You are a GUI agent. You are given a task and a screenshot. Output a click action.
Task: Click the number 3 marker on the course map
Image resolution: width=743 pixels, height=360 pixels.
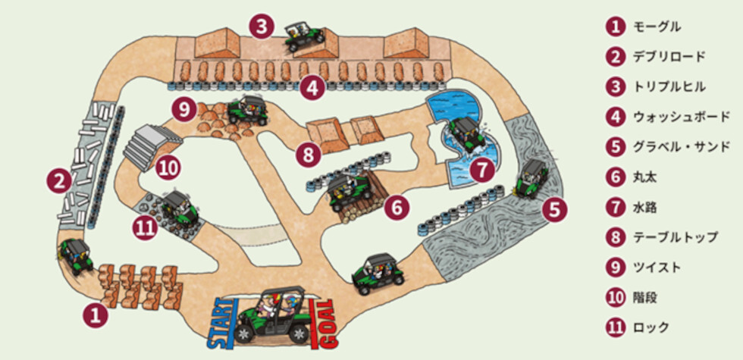pyautogui.click(x=262, y=27)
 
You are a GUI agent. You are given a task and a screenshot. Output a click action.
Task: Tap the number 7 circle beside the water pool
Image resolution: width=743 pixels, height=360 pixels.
pyautogui.click(x=482, y=171)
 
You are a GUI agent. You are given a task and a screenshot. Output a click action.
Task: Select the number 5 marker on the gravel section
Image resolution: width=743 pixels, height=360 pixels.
pyautogui.click(x=554, y=209)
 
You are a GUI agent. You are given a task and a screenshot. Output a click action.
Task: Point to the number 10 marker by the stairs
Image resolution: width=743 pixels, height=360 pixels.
pyautogui.click(x=168, y=167)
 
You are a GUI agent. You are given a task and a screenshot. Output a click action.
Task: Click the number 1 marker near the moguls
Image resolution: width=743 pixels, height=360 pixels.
pyautogui.click(x=96, y=315)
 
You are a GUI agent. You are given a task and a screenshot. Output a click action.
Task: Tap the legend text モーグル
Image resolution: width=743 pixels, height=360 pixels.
pyautogui.click(x=657, y=27)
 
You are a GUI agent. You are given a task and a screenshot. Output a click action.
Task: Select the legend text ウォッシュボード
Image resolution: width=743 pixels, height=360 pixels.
pyautogui.click(x=681, y=117)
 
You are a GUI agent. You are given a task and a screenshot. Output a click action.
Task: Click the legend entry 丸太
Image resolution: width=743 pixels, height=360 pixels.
pyautogui.click(x=645, y=177)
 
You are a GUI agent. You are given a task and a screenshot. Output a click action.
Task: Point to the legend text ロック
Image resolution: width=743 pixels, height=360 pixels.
pyautogui.click(x=651, y=327)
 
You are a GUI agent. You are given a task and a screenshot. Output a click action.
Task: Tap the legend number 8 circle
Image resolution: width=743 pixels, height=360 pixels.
pyautogui.click(x=616, y=237)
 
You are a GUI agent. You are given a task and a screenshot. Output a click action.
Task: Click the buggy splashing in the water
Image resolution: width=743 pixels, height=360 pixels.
pyautogui.click(x=466, y=135)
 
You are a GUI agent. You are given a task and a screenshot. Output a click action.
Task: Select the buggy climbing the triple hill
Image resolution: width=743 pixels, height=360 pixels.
pyautogui.click(x=304, y=36)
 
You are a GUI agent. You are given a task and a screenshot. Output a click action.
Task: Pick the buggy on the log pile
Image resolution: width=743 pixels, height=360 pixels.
pyautogui.click(x=351, y=191)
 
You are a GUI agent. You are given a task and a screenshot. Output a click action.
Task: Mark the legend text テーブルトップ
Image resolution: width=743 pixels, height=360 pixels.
pyautogui.click(x=675, y=237)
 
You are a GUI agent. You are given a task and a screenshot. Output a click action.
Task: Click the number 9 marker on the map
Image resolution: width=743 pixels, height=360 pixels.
pyautogui.click(x=183, y=110)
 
